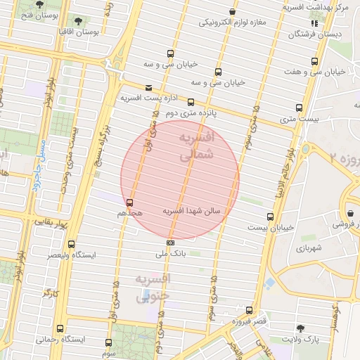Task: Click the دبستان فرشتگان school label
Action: click(328, 33)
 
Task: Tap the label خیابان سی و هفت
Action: click(315, 72)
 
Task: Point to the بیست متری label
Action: click(300, 120)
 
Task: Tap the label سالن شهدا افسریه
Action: click(192, 210)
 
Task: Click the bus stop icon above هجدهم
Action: click(129, 202)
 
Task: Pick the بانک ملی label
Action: click(169, 254)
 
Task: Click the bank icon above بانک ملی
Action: click(169, 243)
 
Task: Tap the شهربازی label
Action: click(309, 248)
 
